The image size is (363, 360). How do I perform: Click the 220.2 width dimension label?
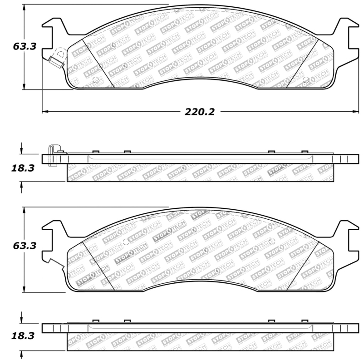coord(199,111)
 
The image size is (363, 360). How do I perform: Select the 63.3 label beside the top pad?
coord(25,46)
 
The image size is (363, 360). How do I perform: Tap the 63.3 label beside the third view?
coord(25,246)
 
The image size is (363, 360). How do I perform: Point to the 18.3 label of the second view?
coord(23,168)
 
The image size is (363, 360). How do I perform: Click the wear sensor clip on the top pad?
coord(57,59)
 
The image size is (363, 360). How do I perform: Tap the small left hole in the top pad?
coord(95,80)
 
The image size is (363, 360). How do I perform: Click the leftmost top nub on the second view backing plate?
coord(95,152)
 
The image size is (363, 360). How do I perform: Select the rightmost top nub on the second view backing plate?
coord(304,152)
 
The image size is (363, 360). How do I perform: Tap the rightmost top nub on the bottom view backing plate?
coord(304,321)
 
